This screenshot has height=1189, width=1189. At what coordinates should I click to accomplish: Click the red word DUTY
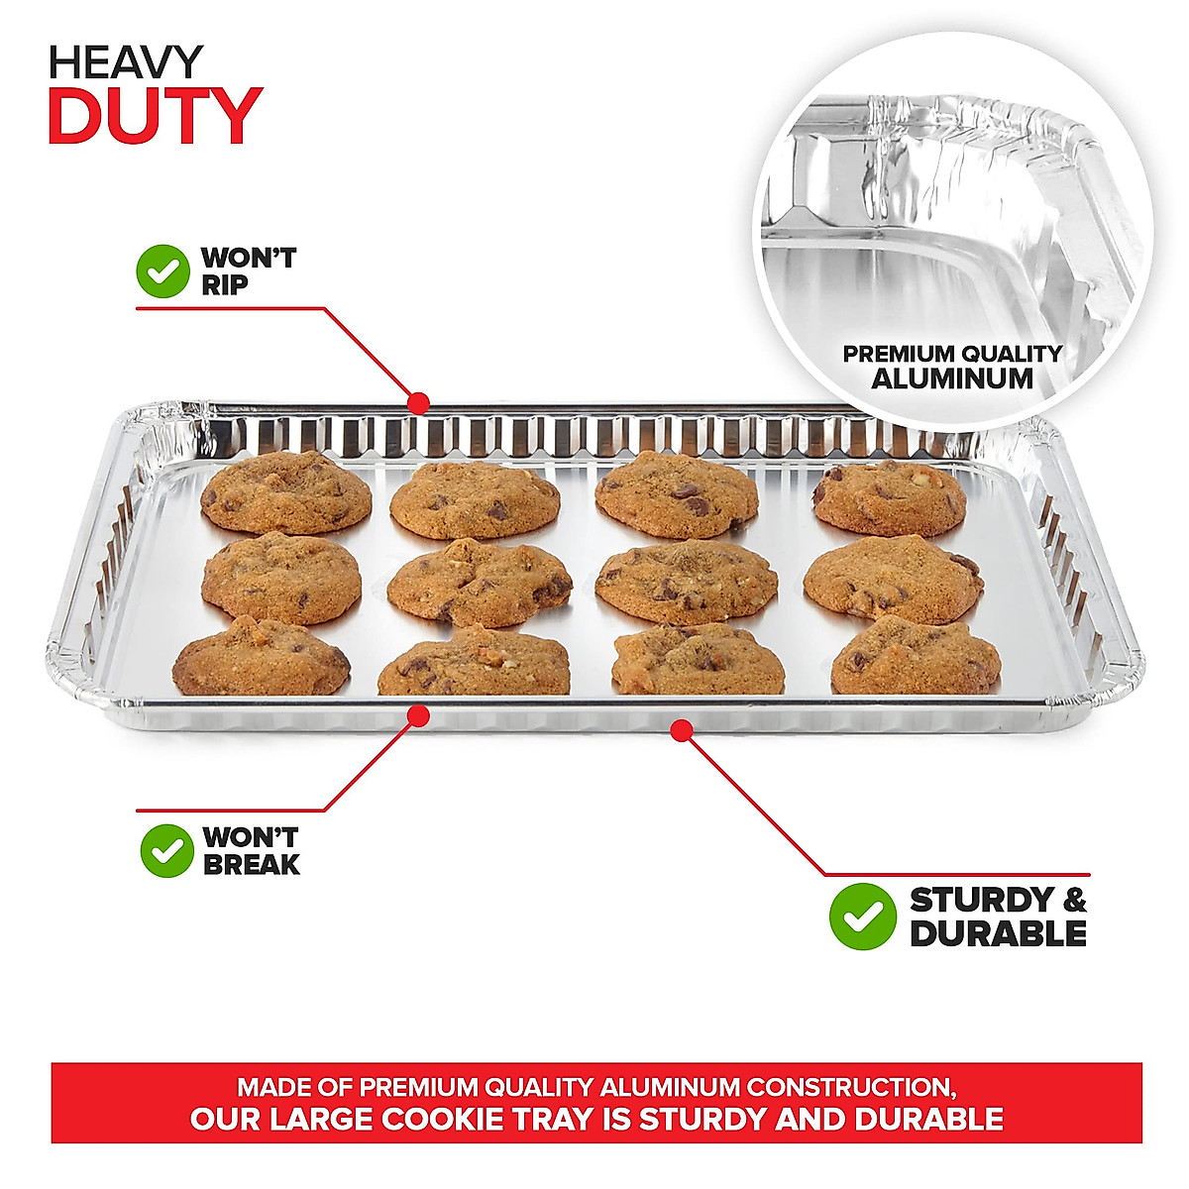pos(155,117)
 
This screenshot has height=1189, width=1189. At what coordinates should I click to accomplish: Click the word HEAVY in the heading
pos(126,63)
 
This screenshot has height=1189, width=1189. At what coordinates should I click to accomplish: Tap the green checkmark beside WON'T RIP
pos(162,271)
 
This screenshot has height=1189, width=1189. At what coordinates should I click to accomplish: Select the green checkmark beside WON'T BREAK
pos(166,850)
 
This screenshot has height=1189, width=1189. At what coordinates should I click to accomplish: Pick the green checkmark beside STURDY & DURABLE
pos(862,917)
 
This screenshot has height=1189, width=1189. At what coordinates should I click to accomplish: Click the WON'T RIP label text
pos(248,271)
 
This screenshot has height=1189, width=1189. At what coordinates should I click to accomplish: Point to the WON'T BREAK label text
pos(251,850)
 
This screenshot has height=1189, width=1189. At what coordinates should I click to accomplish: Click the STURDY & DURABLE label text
pos(997,917)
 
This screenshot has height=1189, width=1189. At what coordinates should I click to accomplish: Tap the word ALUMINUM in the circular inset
pos(952,378)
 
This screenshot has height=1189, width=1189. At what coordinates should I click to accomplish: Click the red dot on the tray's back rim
pos(419,403)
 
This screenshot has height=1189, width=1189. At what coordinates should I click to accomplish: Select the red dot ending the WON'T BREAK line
pos(419,713)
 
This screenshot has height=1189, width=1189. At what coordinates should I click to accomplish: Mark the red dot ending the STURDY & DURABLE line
pos(680,731)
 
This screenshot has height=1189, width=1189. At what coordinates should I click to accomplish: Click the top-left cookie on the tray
pos(285,492)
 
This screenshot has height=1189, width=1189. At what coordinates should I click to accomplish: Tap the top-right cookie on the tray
pos(889,497)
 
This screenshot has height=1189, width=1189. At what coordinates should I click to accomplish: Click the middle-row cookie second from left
pos(479,583)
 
